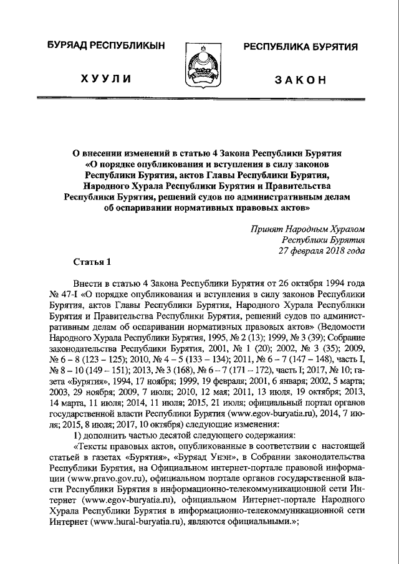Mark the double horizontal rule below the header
(x=199, y=99)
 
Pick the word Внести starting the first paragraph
(x=87, y=284)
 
